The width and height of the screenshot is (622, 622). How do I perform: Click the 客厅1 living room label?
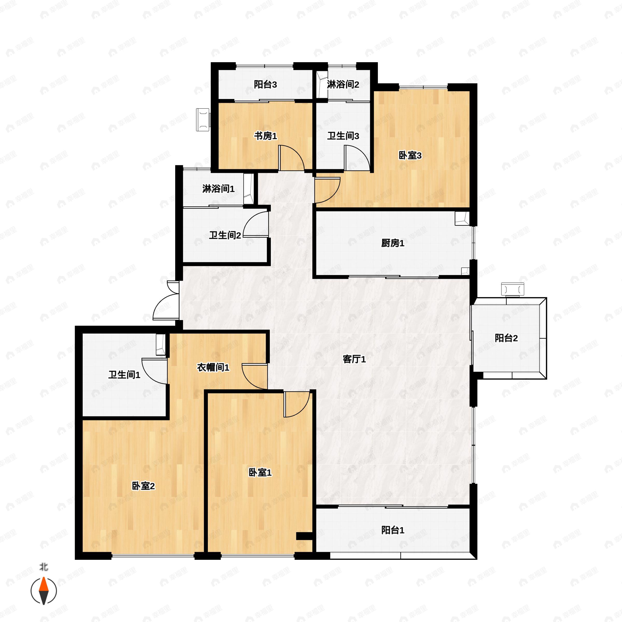pyautogui.click(x=354, y=359)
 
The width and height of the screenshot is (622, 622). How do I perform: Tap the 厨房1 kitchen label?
pyautogui.click(x=392, y=243)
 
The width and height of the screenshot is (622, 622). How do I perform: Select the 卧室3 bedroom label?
pyautogui.click(x=410, y=155)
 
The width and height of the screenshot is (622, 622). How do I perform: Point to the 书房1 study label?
pyautogui.click(x=265, y=136)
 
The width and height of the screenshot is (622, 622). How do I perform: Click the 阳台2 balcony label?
pyautogui.click(x=506, y=338)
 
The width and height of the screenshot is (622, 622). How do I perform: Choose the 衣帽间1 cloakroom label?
pyautogui.click(x=213, y=367)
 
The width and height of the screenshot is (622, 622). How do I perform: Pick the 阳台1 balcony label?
pyautogui.click(x=392, y=530)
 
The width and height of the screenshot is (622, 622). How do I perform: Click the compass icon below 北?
pyautogui.click(x=44, y=591)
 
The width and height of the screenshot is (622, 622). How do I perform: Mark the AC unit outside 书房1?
pyautogui.click(x=203, y=120)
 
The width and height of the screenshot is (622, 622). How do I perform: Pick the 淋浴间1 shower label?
pyautogui.click(x=218, y=189)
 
